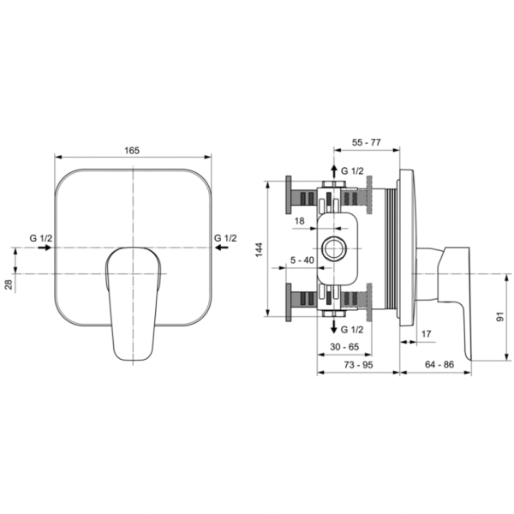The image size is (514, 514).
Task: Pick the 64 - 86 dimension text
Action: click(x=439, y=364)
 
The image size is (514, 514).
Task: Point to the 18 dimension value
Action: click(x=300, y=220)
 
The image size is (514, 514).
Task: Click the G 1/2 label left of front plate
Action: click(x=40, y=237)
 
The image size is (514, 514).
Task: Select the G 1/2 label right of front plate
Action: click(x=226, y=237)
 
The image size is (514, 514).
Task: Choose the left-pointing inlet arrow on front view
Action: click(x=222, y=248)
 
